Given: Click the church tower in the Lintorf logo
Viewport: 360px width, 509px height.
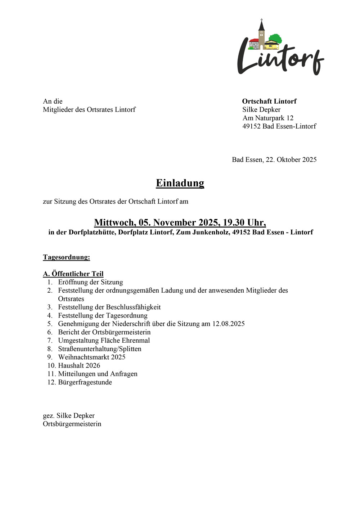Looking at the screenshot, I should (x=261, y=34).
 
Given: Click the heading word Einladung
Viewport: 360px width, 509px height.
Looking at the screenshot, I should (x=180, y=183).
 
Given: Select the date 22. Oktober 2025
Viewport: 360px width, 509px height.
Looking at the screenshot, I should (x=291, y=159).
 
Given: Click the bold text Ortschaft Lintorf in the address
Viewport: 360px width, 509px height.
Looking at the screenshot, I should (x=269, y=101).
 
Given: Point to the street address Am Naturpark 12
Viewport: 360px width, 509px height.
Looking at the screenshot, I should (x=268, y=118).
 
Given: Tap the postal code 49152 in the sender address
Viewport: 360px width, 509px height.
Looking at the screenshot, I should (x=251, y=126).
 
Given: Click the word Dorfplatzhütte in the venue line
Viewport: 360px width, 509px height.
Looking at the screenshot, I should (x=93, y=232).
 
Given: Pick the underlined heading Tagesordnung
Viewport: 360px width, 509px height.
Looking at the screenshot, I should (x=66, y=257).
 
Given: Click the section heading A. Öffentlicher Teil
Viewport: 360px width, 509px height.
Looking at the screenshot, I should (x=73, y=274).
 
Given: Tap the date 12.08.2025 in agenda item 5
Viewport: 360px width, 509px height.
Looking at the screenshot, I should (x=228, y=324).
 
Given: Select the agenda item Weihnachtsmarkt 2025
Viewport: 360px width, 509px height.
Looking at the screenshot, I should (x=92, y=357).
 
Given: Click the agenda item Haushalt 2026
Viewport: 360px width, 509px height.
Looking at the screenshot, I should (x=79, y=365).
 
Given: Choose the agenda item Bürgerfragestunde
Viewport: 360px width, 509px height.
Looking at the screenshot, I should (x=85, y=382).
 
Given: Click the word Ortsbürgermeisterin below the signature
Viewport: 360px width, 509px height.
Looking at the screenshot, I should (x=72, y=424).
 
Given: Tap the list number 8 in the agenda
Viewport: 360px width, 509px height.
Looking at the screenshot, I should (x=50, y=349).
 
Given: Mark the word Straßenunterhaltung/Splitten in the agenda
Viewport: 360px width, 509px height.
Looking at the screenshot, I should (x=100, y=349).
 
